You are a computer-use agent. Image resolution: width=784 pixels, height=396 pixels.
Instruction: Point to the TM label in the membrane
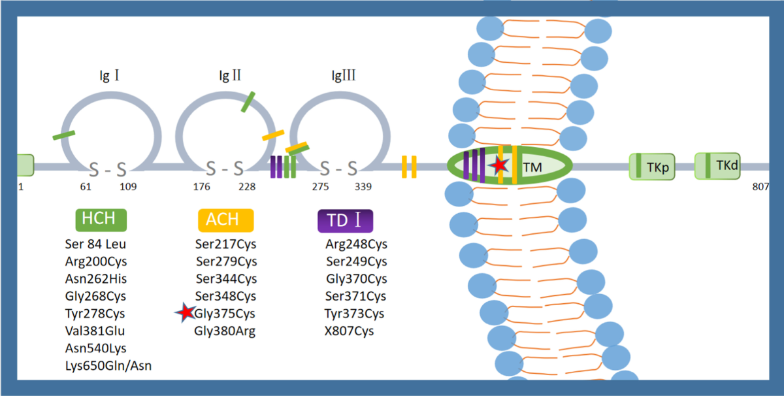532,167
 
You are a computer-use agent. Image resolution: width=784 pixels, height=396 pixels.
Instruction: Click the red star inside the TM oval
499,165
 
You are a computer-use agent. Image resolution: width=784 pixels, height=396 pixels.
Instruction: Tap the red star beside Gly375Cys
185,314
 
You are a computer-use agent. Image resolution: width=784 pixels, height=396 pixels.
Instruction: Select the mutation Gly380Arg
225,331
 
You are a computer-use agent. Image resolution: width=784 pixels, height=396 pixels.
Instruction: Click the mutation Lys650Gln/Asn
108,366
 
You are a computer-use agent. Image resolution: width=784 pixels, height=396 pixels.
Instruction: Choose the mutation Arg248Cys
356,244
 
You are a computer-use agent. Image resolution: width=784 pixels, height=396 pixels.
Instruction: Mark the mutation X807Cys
349,331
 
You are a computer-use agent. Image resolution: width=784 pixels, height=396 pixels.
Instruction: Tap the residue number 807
760,187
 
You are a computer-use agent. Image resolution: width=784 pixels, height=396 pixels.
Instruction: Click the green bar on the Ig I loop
63,135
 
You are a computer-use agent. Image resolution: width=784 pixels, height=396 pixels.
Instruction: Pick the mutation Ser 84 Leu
95,244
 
